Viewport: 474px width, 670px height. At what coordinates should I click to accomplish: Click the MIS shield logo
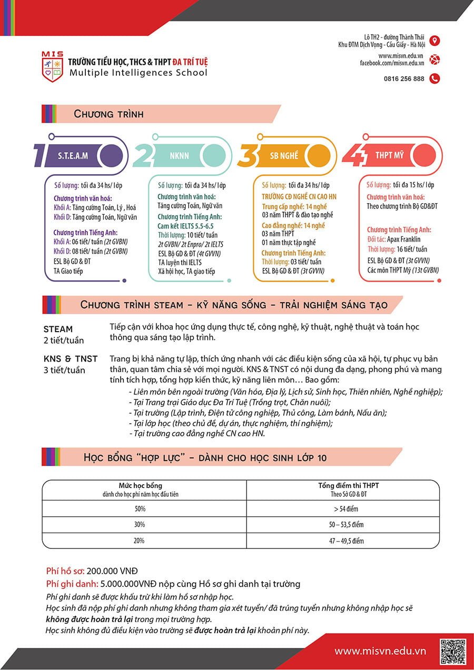point(52,66)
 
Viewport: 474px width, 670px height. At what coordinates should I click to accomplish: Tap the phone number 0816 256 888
point(404,79)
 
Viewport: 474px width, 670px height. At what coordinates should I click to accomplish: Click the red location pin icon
point(434,41)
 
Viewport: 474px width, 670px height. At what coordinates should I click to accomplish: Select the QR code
point(453,651)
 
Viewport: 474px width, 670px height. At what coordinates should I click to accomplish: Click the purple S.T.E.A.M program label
point(73,156)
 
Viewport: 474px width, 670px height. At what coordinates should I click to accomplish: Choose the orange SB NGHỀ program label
point(284,156)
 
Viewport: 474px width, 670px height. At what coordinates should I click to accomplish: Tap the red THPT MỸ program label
point(390,156)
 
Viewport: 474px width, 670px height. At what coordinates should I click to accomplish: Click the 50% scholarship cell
point(140,509)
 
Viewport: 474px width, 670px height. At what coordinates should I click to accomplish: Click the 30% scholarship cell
point(140,525)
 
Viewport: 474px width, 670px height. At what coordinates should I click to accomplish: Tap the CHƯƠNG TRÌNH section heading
point(108,114)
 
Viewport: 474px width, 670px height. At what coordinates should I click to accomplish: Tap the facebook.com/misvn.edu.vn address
point(392,63)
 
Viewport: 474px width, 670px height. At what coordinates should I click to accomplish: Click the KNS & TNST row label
point(71,359)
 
